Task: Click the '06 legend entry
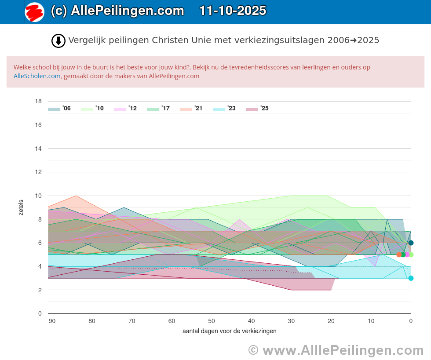tap(59, 109)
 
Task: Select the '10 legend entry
tap(92, 109)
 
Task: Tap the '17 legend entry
tap(158, 109)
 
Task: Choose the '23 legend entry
tap(224, 109)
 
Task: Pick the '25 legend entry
tap(257, 109)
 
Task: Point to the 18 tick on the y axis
tap(38, 101)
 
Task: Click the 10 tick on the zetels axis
tap(38, 196)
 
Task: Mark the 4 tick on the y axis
tap(40, 266)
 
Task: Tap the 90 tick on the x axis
tap(52, 321)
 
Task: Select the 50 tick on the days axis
tap(212, 321)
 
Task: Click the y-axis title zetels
tap(21, 207)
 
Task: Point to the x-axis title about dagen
tap(229, 331)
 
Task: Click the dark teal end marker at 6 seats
tap(411, 243)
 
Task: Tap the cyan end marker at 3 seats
tap(411, 278)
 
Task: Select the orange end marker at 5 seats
tap(399, 255)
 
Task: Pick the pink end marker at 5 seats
tap(407, 255)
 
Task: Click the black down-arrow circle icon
tap(58, 40)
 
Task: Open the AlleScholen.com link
tap(37, 76)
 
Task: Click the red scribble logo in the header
tap(34, 12)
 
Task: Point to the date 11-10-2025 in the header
tap(233, 11)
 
